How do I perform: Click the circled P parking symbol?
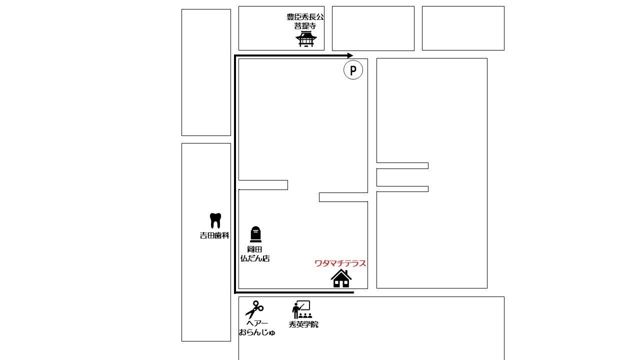353,69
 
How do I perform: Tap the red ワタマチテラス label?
340,263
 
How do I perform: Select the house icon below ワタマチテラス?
341,278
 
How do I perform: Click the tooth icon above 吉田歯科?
215,220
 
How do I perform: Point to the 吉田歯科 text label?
214,235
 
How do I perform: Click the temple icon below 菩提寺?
306,39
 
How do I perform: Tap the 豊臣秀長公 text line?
305,17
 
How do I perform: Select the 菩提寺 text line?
305,26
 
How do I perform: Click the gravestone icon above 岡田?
255,234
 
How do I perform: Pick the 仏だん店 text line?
255,258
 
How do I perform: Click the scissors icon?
254,309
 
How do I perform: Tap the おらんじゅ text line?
257,332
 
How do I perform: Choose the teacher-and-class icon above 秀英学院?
302,309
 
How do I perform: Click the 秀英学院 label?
303,324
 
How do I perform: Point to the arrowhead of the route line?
350,55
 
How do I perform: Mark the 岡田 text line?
254,249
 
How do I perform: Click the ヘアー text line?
257,323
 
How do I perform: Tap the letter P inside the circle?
353,70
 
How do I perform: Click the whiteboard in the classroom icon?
304,305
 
